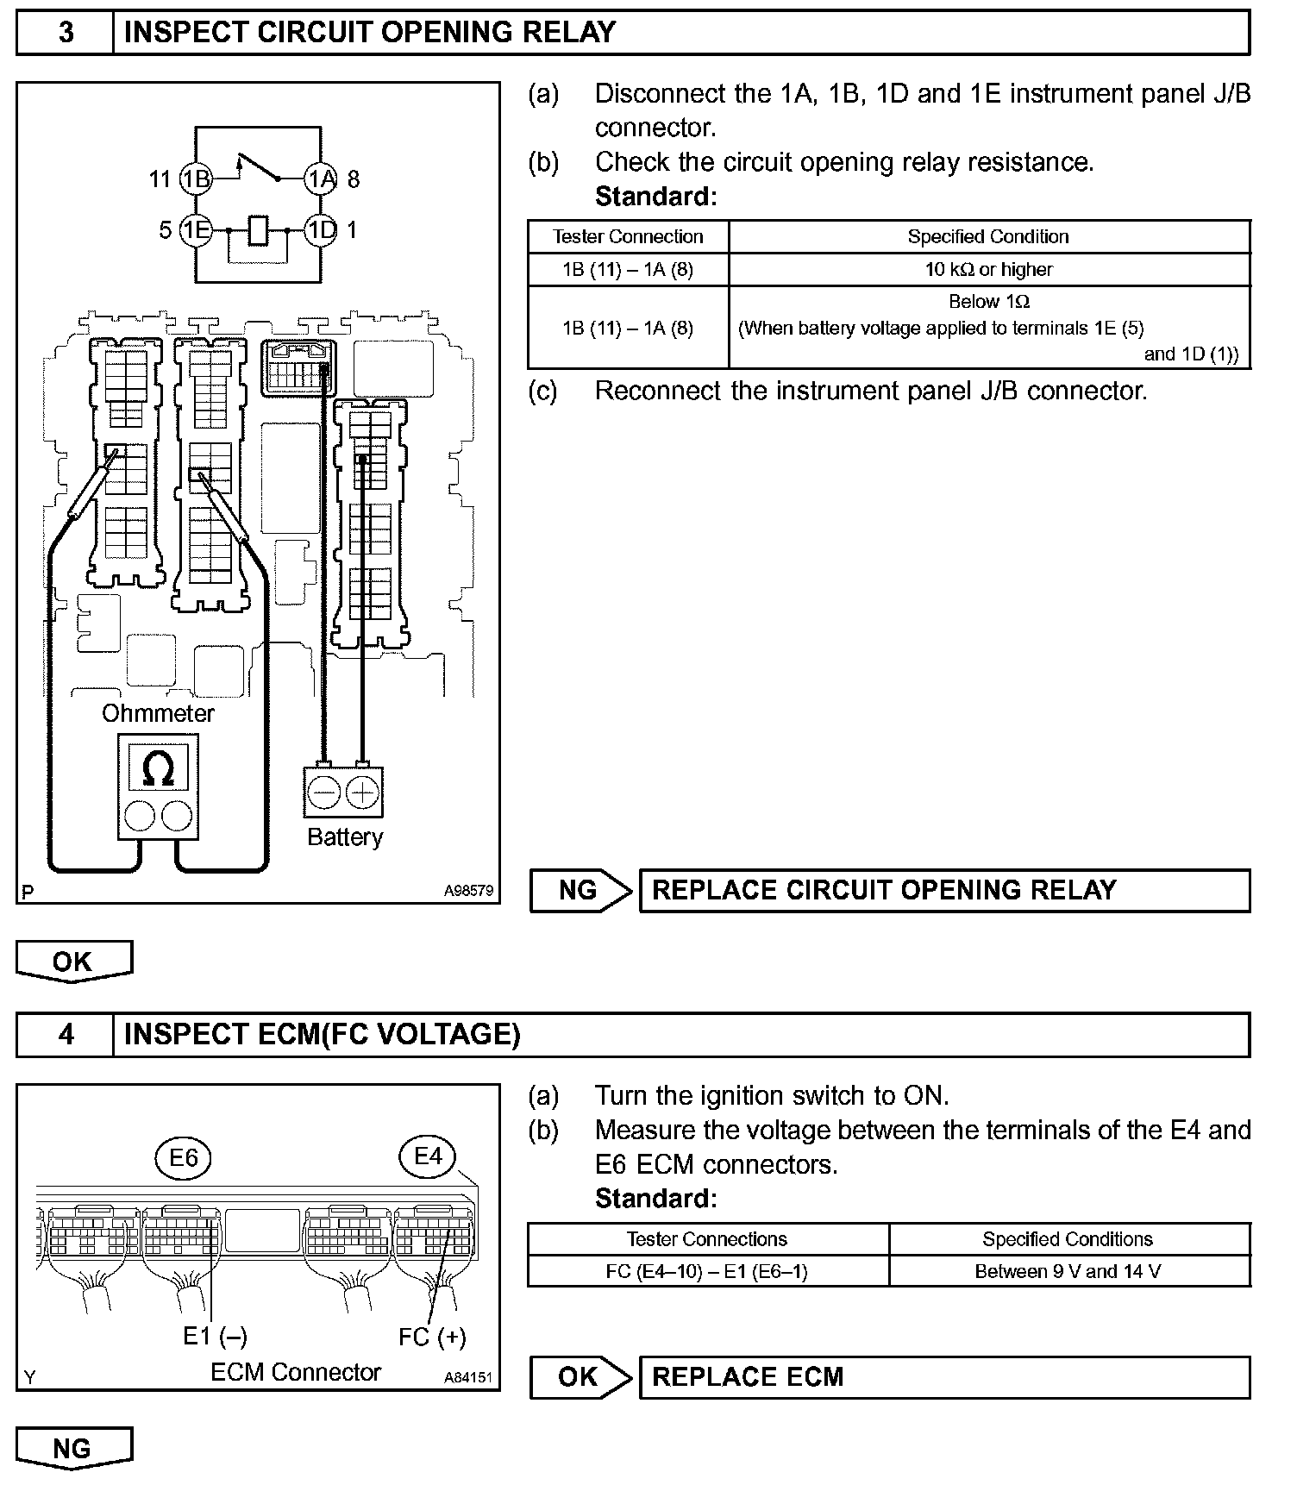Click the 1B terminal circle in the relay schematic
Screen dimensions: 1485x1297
tap(197, 179)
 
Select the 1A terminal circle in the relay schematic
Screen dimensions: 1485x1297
tap(321, 179)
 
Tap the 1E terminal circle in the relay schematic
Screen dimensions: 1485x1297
tap(197, 230)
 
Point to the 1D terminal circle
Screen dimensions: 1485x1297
tap(321, 230)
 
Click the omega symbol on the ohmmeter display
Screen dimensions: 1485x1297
tap(158, 768)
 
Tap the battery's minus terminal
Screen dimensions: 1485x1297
tap(324, 793)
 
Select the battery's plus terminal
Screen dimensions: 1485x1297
tap(362, 793)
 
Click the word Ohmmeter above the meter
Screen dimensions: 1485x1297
tap(158, 713)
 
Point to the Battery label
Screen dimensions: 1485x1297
tap(345, 837)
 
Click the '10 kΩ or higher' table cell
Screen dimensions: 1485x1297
tap(988, 270)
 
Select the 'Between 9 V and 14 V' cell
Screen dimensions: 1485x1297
tap(1068, 1271)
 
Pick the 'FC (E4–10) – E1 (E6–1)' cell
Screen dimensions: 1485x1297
tap(707, 1271)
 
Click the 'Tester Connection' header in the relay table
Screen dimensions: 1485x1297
tap(628, 237)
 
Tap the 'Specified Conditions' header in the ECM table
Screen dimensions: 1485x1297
tap(1068, 1239)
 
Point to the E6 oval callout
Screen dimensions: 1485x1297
tap(184, 1157)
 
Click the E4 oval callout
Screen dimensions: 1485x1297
tap(429, 1156)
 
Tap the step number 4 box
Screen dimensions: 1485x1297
tap(66, 1034)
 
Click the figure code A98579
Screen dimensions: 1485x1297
tap(469, 891)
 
